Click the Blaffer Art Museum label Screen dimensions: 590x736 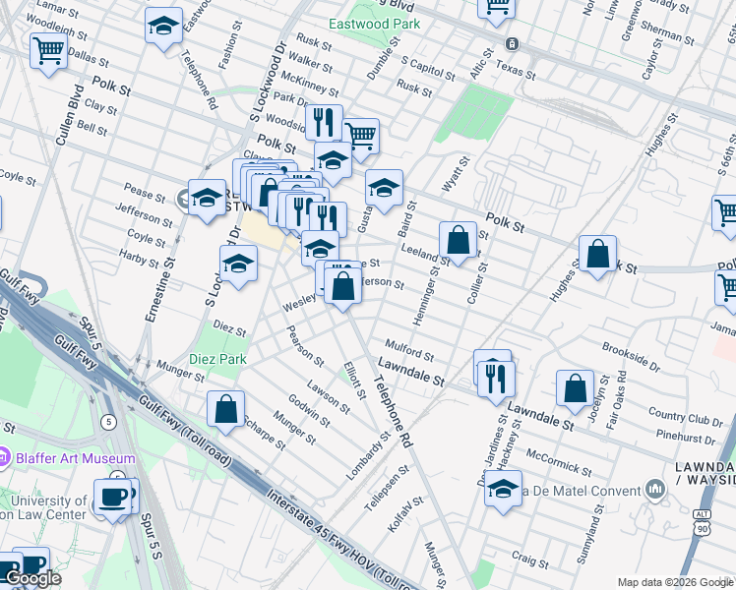[x=75, y=458]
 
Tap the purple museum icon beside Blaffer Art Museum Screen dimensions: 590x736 [x=6, y=457]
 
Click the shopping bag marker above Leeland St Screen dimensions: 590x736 [x=459, y=240]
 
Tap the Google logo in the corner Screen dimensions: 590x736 [x=32, y=579]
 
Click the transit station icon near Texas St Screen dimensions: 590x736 [x=512, y=44]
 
